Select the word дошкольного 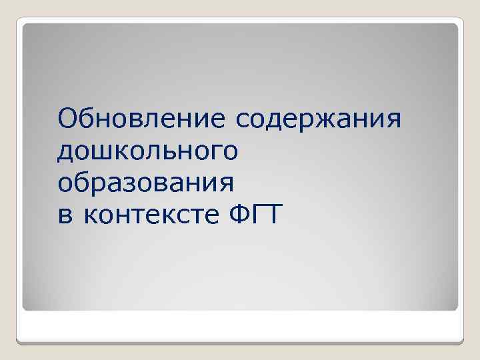147,151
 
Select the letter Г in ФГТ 257,214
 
